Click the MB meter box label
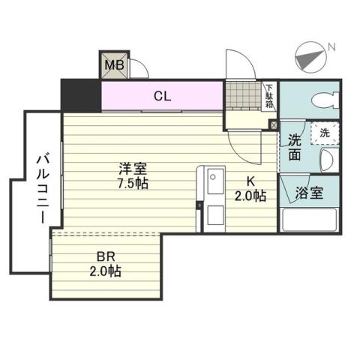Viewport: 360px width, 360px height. (x=113, y=65)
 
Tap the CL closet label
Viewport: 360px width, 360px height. (x=161, y=95)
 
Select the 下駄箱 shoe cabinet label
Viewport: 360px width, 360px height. (x=268, y=96)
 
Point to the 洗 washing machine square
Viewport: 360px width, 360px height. (x=325, y=132)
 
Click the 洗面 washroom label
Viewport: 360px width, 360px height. (x=293, y=147)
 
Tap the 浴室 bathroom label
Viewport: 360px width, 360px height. (x=308, y=193)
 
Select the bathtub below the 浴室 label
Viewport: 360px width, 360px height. (x=309, y=220)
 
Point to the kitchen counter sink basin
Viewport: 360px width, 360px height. (x=213, y=181)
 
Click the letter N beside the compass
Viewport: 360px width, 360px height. (x=331, y=49)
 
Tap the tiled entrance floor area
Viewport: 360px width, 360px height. (x=242, y=96)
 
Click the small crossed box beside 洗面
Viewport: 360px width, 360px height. (x=272, y=125)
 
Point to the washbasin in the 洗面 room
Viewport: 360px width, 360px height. (x=328, y=160)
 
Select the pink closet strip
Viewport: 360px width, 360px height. (x=161, y=95)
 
